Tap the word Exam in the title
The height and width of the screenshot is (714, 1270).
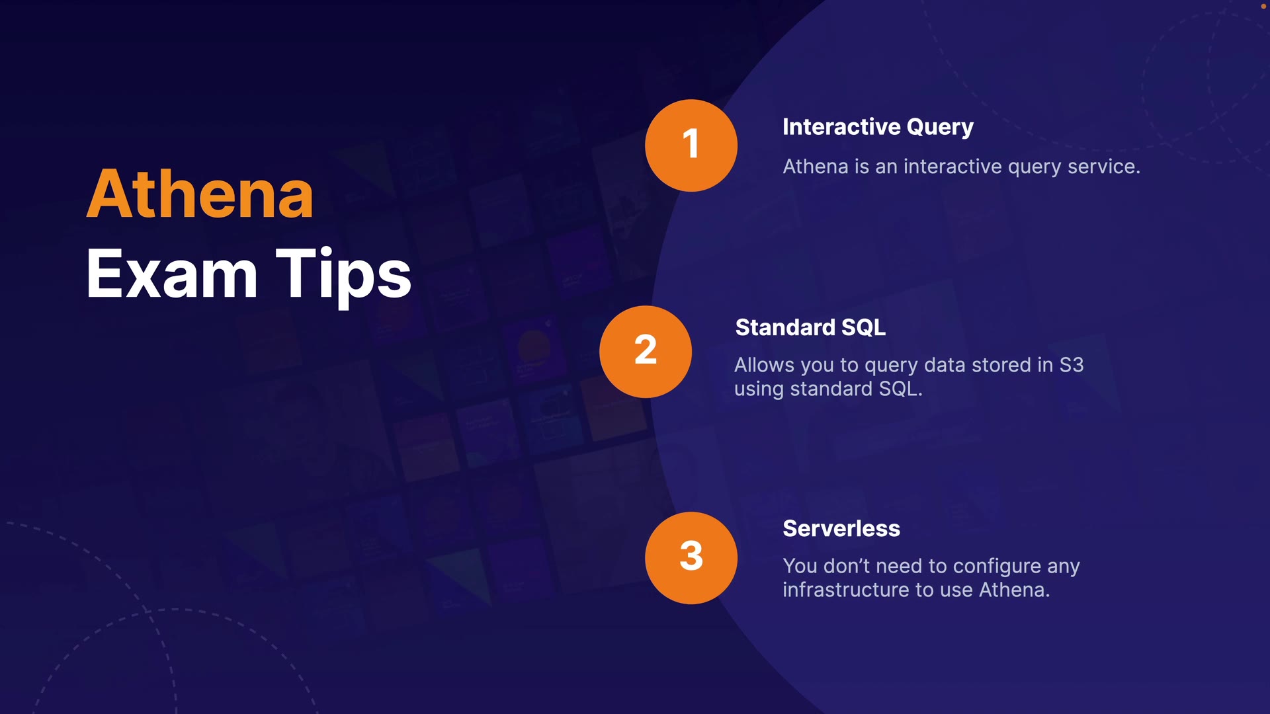click(x=171, y=274)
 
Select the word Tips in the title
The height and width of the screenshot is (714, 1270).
click(x=343, y=274)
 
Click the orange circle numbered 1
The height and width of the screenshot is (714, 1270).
click(x=691, y=145)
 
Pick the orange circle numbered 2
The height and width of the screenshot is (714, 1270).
click(x=645, y=351)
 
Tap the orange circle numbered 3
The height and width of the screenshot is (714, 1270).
click(x=691, y=557)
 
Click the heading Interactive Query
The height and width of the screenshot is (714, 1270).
click(x=878, y=127)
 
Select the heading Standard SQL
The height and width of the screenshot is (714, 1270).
click(x=810, y=327)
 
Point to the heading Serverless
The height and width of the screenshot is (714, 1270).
click(x=841, y=528)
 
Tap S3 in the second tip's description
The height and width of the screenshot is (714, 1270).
click(x=1071, y=365)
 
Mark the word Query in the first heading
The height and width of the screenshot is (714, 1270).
click(x=939, y=127)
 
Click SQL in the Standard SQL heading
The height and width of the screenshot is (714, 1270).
click(x=863, y=327)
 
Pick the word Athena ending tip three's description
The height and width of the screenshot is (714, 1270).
click(x=1014, y=590)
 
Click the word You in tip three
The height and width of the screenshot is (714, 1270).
click(x=800, y=567)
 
